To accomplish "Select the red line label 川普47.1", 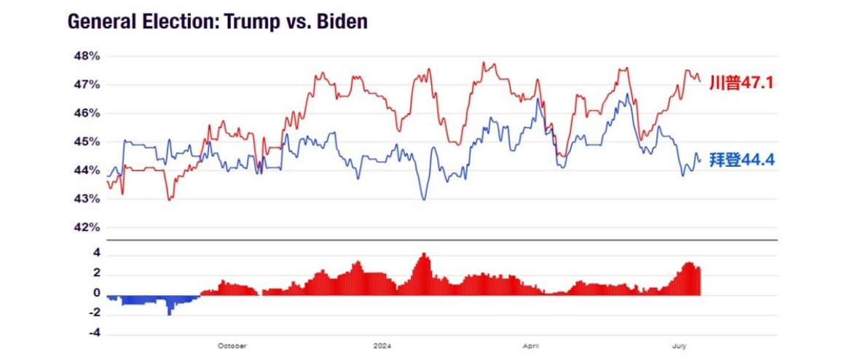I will coord(740,83).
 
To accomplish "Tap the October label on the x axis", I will coord(232,345).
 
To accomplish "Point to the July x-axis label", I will coord(680,345).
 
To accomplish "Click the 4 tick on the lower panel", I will coord(96,254).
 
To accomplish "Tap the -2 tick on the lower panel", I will coord(94,314).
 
